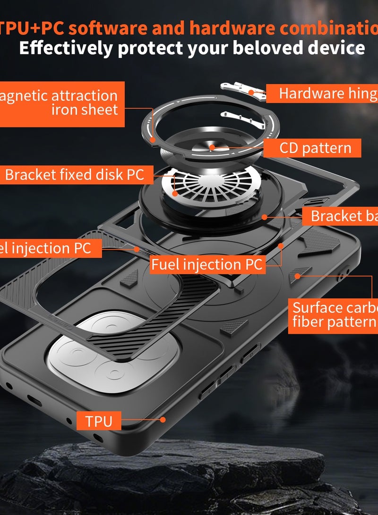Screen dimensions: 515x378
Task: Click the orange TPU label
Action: point(99,420)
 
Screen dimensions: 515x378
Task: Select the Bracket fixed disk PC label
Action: point(75,175)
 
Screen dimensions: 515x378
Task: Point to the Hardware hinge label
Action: point(326,93)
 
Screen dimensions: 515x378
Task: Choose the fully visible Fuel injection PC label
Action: point(206,264)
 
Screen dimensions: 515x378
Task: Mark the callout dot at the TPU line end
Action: point(163,419)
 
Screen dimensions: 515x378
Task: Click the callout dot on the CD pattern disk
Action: point(213,147)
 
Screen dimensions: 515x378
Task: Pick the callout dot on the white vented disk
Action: point(175,193)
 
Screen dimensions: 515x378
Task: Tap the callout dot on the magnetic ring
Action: point(153,140)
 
